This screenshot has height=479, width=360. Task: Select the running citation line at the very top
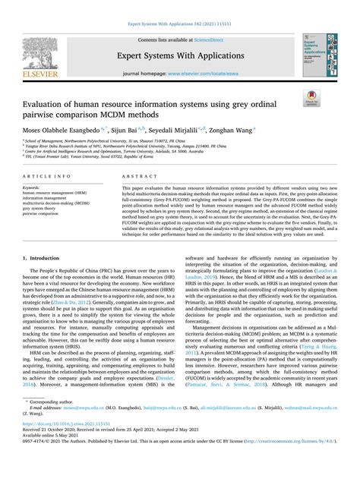pos(179,5)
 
